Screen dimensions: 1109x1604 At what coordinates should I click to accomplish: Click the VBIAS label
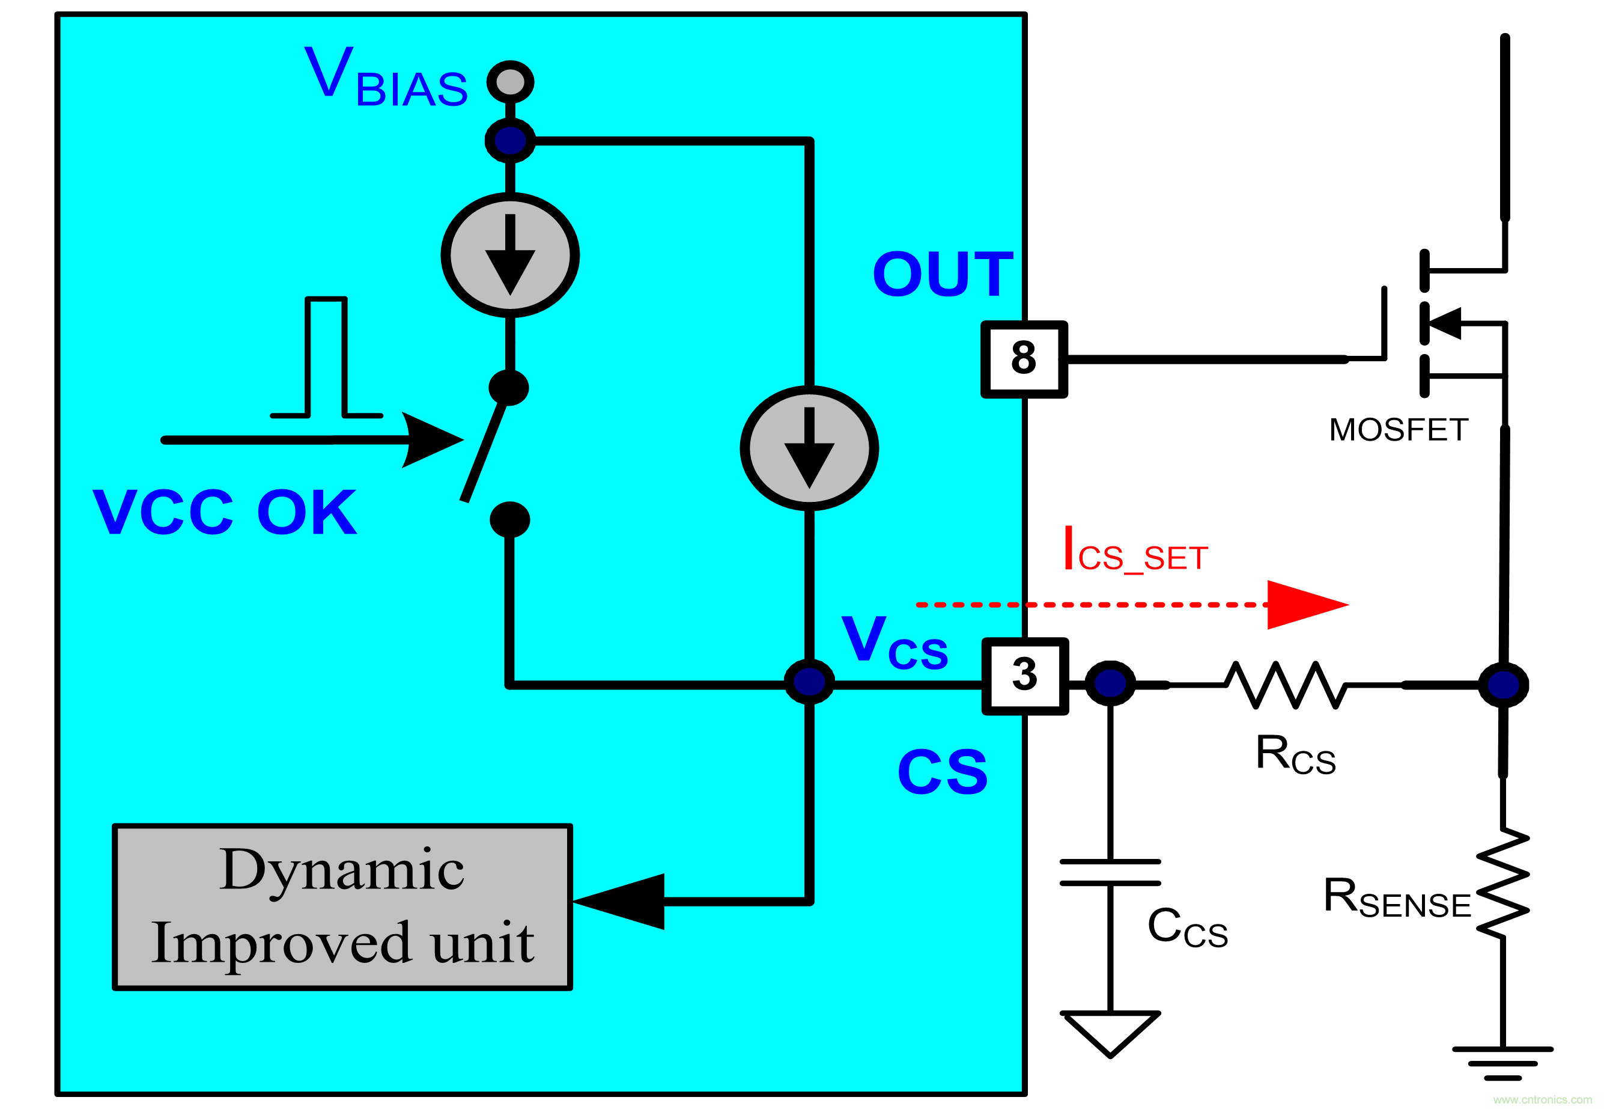[x=386, y=78]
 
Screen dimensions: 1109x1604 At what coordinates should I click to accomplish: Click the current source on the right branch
[x=809, y=448]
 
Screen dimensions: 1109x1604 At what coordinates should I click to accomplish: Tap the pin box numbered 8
[x=1024, y=359]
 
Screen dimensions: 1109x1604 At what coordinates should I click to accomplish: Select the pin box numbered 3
[x=1024, y=676]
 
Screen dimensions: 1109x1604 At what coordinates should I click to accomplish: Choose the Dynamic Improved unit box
[x=342, y=907]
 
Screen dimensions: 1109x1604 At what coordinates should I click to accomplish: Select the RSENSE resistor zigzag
[x=1502, y=882]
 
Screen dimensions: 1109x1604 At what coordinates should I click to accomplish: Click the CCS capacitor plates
[x=1110, y=872]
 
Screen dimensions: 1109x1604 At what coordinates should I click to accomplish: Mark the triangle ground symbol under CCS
[x=1110, y=1032]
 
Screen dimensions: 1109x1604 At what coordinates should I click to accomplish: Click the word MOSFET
[x=1398, y=430]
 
